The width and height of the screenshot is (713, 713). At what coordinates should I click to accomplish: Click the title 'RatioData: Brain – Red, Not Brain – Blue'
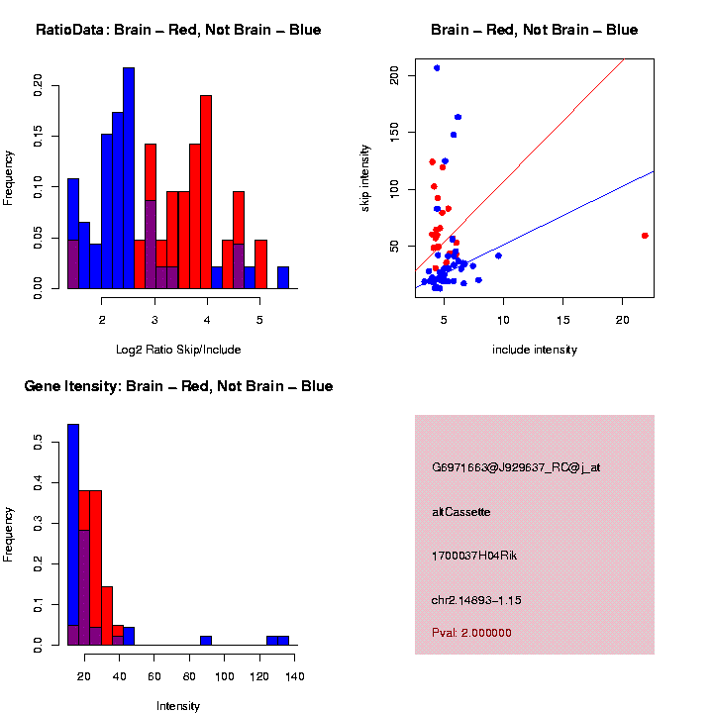[178, 30]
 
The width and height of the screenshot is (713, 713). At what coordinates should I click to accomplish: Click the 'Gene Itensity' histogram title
[178, 386]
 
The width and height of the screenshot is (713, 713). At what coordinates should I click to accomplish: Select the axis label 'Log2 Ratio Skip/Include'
[178, 350]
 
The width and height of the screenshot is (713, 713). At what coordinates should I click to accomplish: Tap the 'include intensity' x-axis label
[534, 350]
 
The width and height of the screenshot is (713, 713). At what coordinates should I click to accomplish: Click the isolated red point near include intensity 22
[645, 236]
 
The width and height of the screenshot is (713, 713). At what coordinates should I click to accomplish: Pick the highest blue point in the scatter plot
[437, 68]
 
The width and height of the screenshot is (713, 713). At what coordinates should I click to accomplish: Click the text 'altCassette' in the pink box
[460, 512]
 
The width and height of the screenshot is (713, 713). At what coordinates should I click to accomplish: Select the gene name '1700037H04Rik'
[474, 556]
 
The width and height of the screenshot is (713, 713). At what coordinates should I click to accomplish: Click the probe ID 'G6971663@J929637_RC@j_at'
[516, 467]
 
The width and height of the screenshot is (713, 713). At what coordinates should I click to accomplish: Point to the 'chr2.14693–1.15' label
[476, 600]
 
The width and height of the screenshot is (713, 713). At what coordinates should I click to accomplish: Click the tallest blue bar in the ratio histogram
[129, 178]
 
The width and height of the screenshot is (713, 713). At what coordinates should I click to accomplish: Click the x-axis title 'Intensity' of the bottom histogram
[178, 706]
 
